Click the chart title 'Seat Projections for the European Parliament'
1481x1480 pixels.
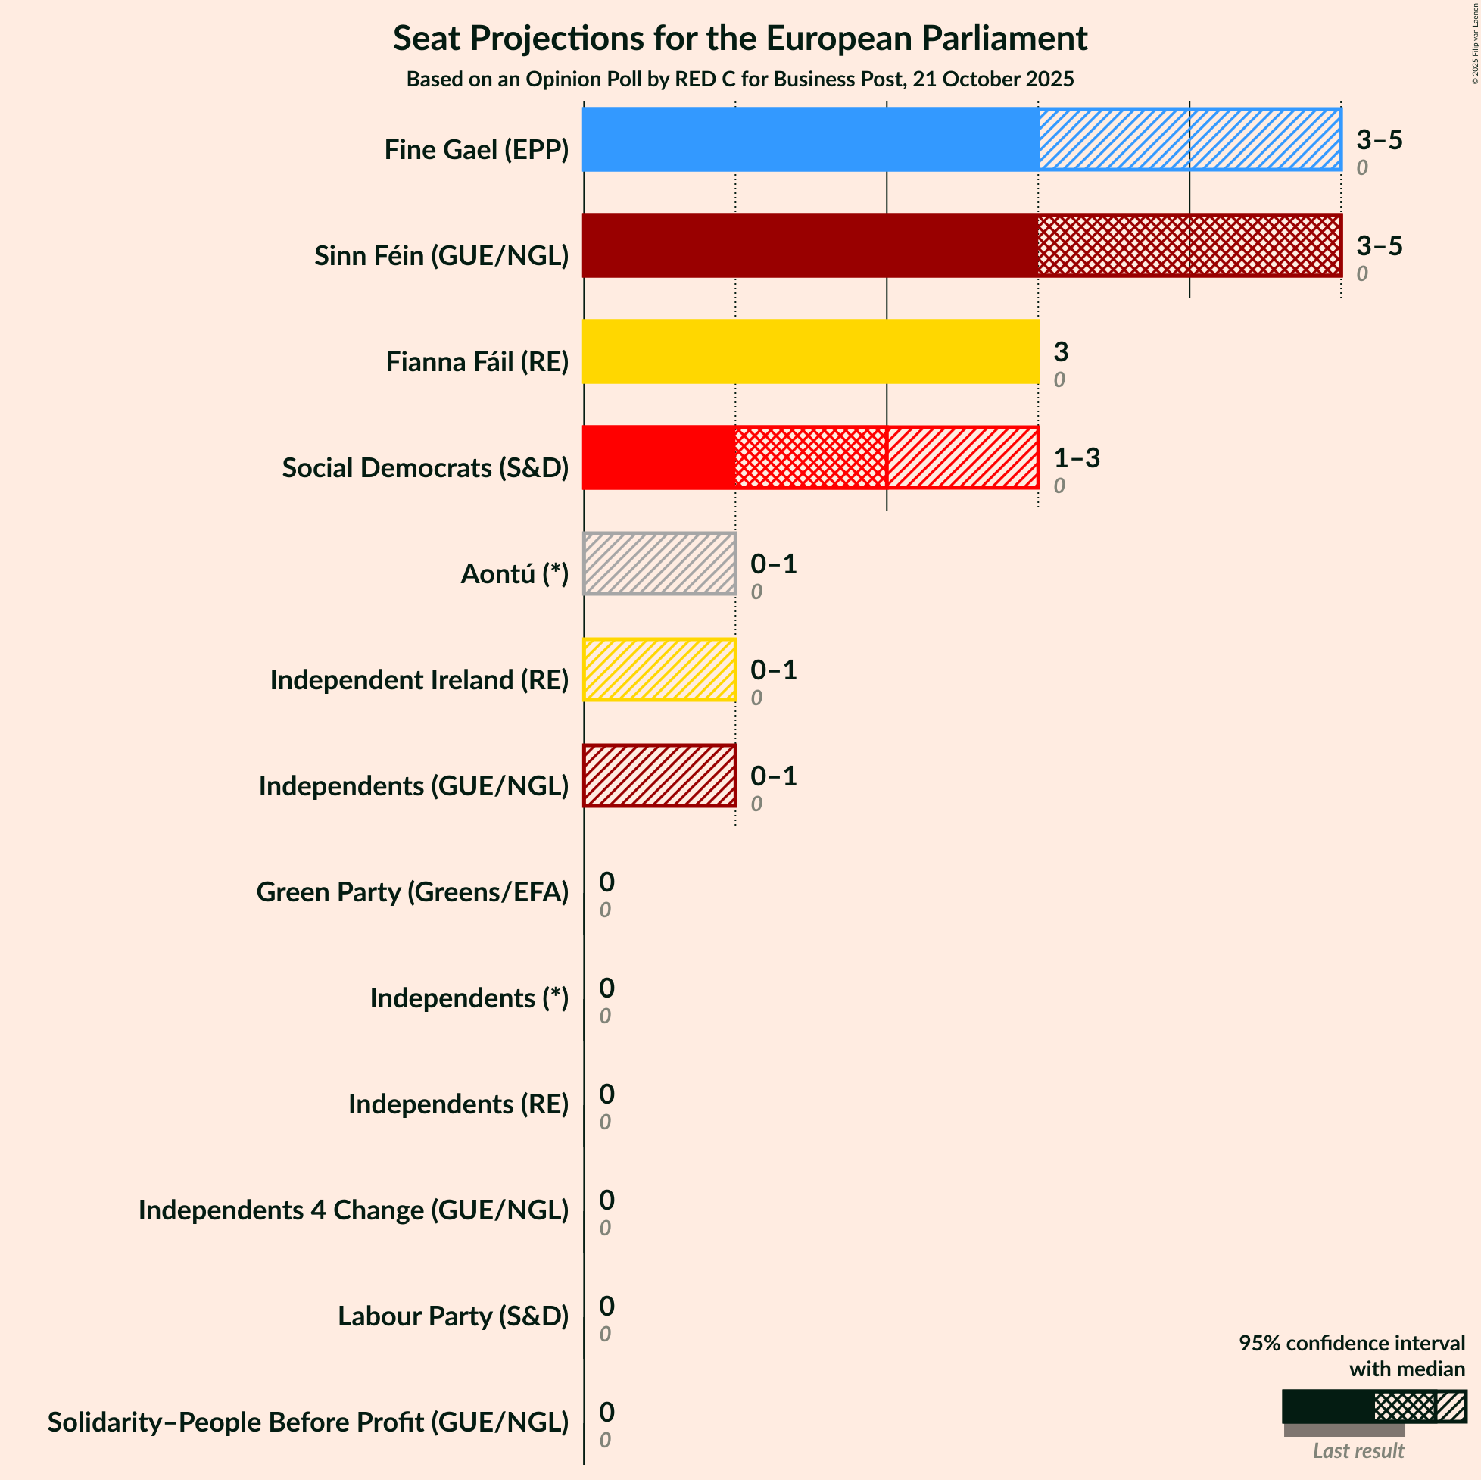pyautogui.click(x=740, y=39)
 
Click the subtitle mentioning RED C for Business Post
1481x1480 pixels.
pyautogui.click(x=740, y=79)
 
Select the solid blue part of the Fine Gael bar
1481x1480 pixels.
pyautogui.click(x=810, y=139)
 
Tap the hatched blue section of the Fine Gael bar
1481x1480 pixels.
pyautogui.click(x=1189, y=139)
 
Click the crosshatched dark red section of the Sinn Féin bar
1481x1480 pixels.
pyautogui.click(x=1189, y=245)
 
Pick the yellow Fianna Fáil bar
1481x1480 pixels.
pyautogui.click(x=810, y=351)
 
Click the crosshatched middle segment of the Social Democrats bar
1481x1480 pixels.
pyautogui.click(x=810, y=457)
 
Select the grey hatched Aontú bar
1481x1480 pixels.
pyautogui.click(x=659, y=564)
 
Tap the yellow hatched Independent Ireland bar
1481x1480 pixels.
pyautogui.click(x=659, y=670)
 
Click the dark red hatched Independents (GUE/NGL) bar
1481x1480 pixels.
pyautogui.click(x=659, y=776)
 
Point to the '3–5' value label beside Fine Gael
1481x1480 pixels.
pyautogui.click(x=1378, y=139)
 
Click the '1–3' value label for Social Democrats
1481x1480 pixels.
pyautogui.click(x=1076, y=457)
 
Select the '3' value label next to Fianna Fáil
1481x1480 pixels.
pyautogui.click(x=1060, y=352)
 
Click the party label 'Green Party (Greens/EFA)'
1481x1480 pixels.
pyautogui.click(x=413, y=891)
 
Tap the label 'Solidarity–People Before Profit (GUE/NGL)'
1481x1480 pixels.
pyautogui.click(x=308, y=1422)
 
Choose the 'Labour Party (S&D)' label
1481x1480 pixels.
pyautogui.click(x=453, y=1316)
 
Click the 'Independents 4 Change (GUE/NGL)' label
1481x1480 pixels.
pyautogui.click(x=354, y=1210)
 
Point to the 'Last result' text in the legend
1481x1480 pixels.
pyautogui.click(x=1358, y=1450)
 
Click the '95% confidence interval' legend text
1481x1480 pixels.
pyautogui.click(x=1352, y=1343)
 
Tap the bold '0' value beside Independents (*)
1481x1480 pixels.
pyautogui.click(x=606, y=988)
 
